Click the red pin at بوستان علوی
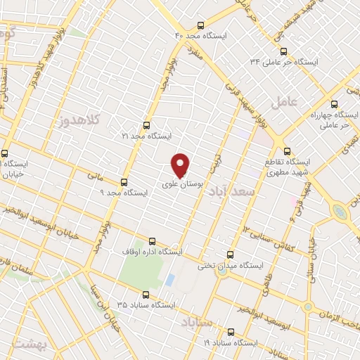coord(181,165)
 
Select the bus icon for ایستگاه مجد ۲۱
coord(146,124)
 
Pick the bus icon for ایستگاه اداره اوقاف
coord(153,240)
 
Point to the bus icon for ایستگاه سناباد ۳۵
coord(146,295)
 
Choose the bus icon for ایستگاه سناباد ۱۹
coord(230,331)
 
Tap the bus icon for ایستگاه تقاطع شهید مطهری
coord(286,150)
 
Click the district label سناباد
coord(196,322)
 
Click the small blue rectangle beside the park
coord(169,279)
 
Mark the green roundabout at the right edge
coord(340,211)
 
